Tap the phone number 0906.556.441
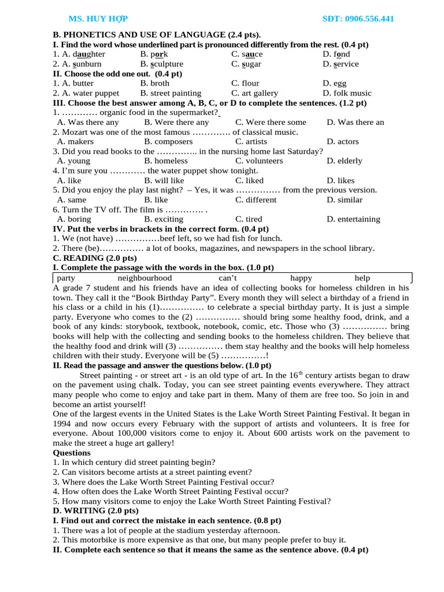[358, 19]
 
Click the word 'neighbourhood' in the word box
[145, 278]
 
